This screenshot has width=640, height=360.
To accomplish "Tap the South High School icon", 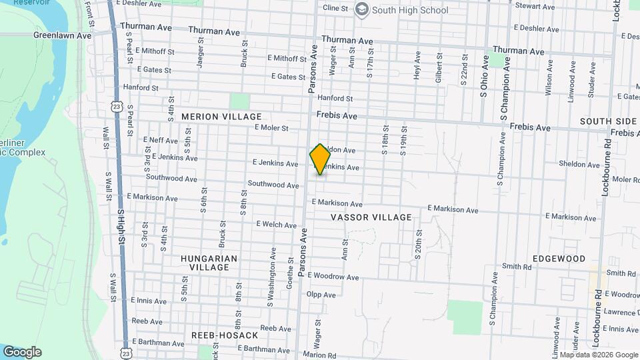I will click(x=362, y=9).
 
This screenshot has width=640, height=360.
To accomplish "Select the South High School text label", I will click(x=410, y=10).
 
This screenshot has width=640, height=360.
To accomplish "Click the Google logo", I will click(x=22, y=352).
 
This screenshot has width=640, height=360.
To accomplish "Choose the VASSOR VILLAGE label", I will click(x=371, y=217).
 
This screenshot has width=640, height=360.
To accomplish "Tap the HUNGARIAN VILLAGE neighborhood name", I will click(x=209, y=263).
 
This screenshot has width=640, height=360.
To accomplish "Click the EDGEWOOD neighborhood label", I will click(x=559, y=259).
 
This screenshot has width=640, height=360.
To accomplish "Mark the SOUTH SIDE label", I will click(x=608, y=121).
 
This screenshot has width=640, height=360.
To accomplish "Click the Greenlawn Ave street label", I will click(x=62, y=35).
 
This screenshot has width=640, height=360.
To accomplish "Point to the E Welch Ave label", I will click(x=275, y=225).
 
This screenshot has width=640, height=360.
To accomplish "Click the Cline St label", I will click(x=335, y=8).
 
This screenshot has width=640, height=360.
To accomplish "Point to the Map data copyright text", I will click(x=597, y=355).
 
